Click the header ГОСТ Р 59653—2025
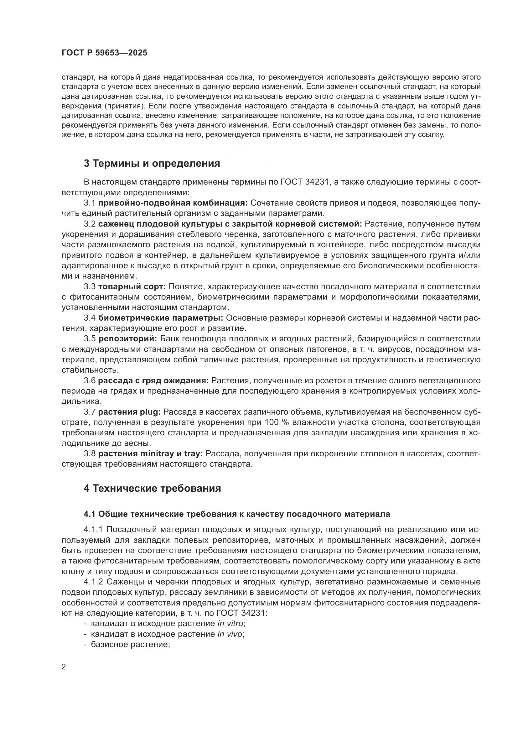(104, 53)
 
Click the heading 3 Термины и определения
(152, 164)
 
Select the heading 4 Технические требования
(152, 489)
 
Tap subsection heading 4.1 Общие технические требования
(237, 514)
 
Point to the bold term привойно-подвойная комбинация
(173, 203)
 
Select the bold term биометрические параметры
(160, 318)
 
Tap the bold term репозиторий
(127, 338)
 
